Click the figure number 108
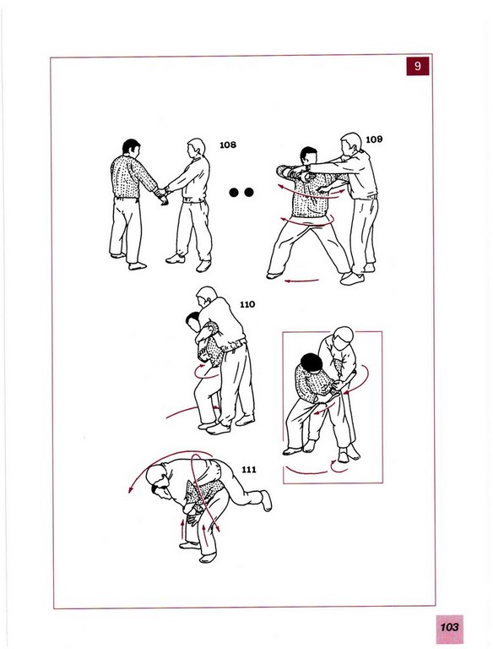227,145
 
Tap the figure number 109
374,139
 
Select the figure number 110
247,304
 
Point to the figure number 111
248,469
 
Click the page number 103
449,627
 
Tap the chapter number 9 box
417,66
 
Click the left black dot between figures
234,192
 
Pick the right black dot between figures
248,192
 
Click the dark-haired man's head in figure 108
131,148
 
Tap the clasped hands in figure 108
161,194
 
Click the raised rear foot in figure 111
267,500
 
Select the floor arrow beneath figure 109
302,281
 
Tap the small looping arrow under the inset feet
339,466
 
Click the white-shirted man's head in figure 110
206,297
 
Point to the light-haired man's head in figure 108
196,148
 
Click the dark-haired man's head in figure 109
308,155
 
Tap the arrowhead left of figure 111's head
131,490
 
